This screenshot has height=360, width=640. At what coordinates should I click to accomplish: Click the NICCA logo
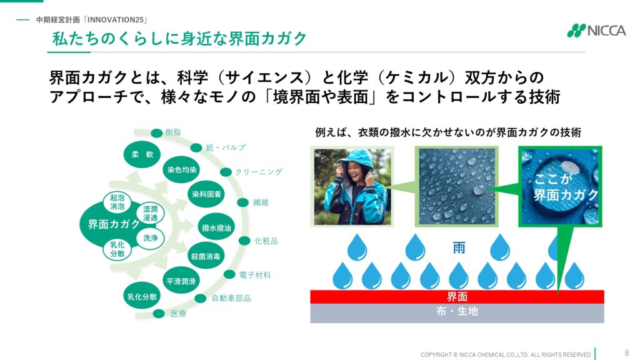click(596, 31)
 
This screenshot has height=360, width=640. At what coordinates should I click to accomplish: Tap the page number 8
click(626, 353)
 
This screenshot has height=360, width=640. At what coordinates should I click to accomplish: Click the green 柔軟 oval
click(142, 154)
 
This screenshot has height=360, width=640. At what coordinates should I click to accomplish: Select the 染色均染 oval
click(182, 169)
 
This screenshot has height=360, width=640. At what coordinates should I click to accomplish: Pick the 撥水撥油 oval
click(216, 227)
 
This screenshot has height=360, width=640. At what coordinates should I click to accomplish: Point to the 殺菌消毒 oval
click(206, 256)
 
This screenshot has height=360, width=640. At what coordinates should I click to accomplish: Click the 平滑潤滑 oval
click(181, 281)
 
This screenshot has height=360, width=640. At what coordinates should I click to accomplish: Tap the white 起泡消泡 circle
click(117, 202)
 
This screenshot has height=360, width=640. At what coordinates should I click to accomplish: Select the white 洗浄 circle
click(150, 237)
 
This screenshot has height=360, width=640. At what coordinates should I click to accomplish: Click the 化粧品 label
click(266, 241)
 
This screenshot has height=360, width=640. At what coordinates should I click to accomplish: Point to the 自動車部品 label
click(231, 298)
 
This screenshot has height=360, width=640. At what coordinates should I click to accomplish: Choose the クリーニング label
click(258, 172)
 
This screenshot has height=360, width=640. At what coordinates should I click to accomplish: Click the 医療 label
click(178, 314)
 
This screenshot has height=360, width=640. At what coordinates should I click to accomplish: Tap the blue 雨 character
click(459, 247)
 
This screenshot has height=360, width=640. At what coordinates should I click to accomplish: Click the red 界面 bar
click(457, 297)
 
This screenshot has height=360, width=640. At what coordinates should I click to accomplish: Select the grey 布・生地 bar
click(457, 313)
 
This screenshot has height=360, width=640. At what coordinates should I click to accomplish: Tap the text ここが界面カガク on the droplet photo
click(565, 187)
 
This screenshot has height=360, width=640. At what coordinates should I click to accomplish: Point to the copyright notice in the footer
click(506, 355)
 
